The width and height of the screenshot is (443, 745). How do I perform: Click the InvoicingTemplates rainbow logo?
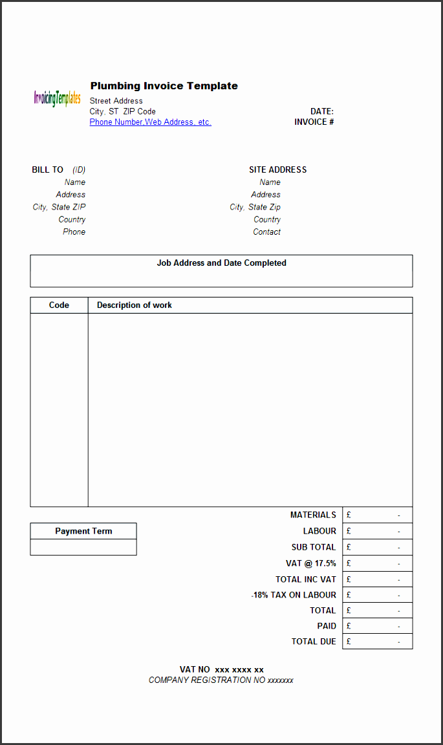coord(57,98)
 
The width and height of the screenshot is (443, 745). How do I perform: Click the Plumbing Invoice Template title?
coord(164,86)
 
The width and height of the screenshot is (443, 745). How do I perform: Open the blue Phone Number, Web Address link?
coord(150,122)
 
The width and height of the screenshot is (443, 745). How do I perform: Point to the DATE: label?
coord(322,111)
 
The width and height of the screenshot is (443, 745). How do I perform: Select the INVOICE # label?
coord(314,122)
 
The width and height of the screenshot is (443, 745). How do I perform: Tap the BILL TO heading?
coord(48,170)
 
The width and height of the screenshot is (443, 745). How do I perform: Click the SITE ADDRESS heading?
coord(278,170)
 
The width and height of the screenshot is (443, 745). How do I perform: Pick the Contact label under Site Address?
coord(267,232)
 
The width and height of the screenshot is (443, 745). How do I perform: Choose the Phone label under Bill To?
coord(74,232)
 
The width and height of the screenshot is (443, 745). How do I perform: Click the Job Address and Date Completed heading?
coord(221,263)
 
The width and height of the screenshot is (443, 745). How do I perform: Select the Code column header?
coord(59,305)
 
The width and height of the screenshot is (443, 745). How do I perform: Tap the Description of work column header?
coord(135,305)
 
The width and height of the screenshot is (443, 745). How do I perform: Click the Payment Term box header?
coord(83,531)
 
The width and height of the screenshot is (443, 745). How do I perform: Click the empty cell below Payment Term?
coord(83,547)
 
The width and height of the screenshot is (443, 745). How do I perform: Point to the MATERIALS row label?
coord(313,515)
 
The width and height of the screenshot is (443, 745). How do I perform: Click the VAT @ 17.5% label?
coord(311,563)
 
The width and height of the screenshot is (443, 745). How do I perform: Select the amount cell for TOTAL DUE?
coord(378,642)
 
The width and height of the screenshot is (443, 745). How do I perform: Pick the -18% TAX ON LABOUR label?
coord(294,595)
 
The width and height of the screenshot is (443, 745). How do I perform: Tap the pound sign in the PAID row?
coord(349,626)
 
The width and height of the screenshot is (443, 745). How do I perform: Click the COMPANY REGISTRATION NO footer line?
coord(221,680)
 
